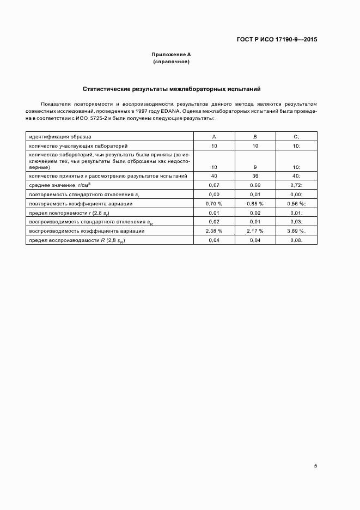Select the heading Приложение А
click(x=171, y=54)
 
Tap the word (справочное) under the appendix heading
click(x=171, y=62)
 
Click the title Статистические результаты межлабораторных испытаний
click(x=172, y=88)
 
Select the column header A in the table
click(x=214, y=136)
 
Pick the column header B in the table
click(x=255, y=136)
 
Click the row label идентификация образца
click(x=61, y=136)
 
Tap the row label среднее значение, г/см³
click(x=60, y=185)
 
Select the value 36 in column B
click(x=255, y=176)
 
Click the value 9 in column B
click(x=255, y=167)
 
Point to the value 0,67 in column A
click(x=214, y=185)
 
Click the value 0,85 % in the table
click(x=255, y=203)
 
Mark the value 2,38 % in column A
click(x=214, y=231)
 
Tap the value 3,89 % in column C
click(x=296, y=231)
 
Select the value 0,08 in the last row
click(x=296, y=240)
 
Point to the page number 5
click(x=315, y=465)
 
